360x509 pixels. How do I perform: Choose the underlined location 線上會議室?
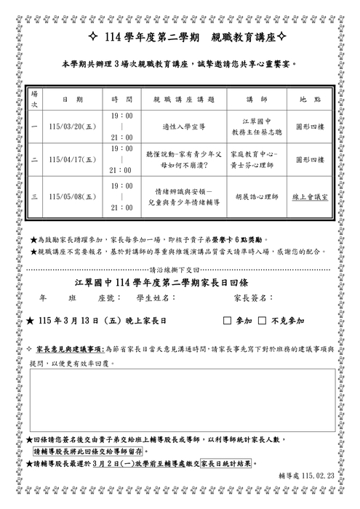point(311,196)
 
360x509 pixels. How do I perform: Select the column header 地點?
point(311,98)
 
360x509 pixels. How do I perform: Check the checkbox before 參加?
point(227,320)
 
